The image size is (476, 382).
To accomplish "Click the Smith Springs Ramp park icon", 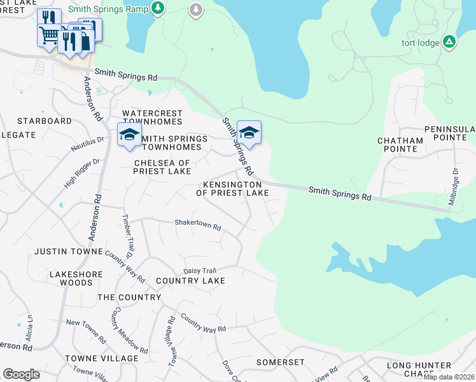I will (x=159, y=8).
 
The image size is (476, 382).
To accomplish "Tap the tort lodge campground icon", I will (x=449, y=42).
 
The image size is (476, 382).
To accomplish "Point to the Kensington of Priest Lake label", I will (x=232, y=188).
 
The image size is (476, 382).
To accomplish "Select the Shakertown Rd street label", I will (x=198, y=226).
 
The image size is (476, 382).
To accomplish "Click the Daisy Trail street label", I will (x=200, y=271).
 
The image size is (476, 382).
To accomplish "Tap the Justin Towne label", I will (x=68, y=251).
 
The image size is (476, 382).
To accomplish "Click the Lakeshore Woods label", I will (x=71, y=278).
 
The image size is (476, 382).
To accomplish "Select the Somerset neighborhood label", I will (x=281, y=362).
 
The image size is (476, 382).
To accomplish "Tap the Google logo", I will (x=21, y=374).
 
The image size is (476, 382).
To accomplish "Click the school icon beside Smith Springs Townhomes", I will (x=129, y=135).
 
